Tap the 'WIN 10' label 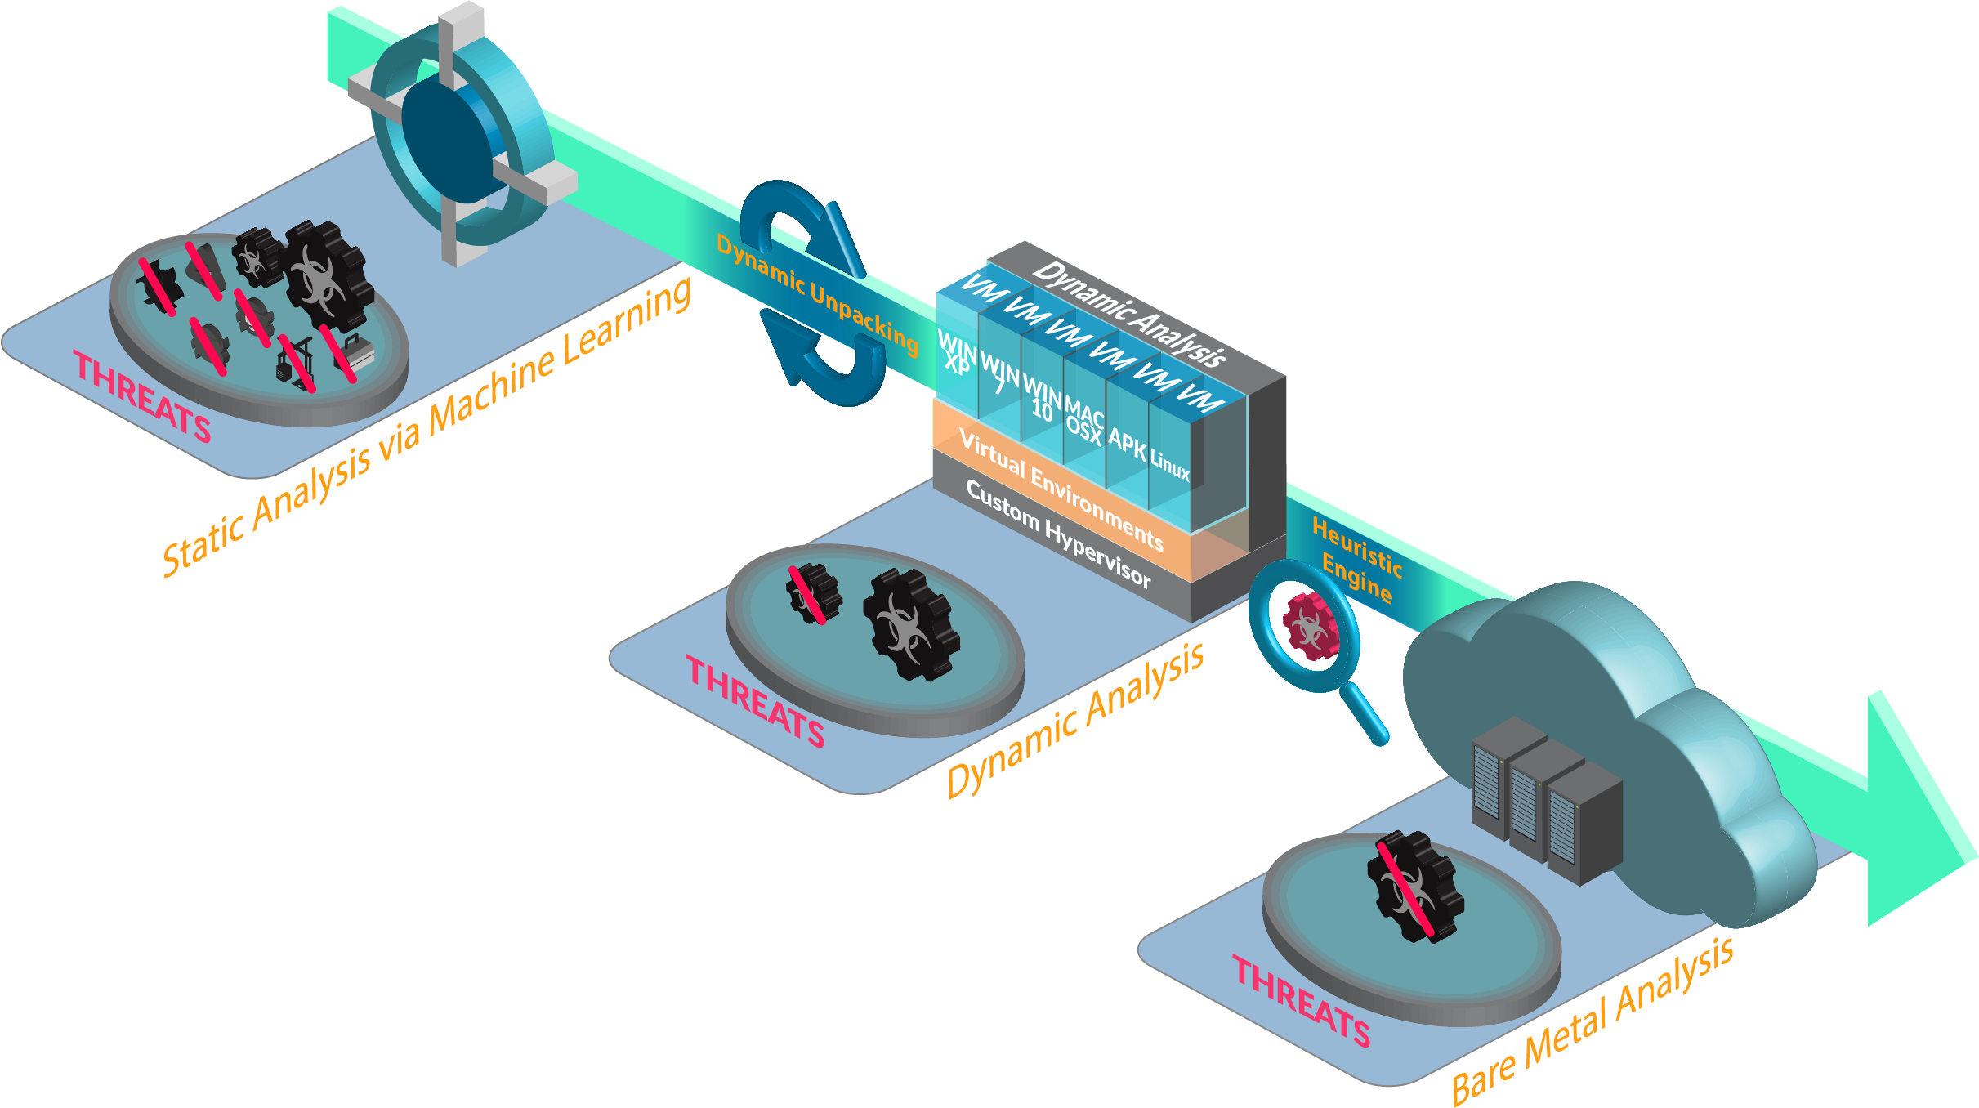coord(1042,398)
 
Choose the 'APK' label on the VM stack coord(1127,444)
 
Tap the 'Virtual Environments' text coord(1061,489)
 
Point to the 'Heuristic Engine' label coord(1356,560)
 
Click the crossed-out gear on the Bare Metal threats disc coord(1414,887)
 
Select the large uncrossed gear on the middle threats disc coord(910,625)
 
